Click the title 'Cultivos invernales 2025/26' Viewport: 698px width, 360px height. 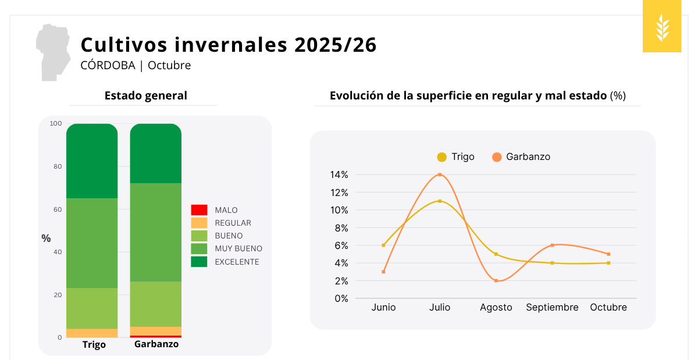click(x=229, y=45)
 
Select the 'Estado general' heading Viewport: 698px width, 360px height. click(x=146, y=96)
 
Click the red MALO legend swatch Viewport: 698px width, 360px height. click(x=199, y=210)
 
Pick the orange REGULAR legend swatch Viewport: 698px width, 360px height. click(x=199, y=223)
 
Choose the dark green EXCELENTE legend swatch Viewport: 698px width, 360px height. click(x=199, y=262)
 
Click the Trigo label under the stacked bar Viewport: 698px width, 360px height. click(x=94, y=344)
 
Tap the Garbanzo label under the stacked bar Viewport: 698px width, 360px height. click(x=156, y=344)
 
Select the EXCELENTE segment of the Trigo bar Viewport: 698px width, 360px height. click(x=92, y=161)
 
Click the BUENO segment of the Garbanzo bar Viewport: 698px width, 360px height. click(x=155, y=304)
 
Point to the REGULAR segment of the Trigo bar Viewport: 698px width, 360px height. click(x=92, y=333)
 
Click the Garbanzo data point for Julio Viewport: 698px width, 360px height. click(x=440, y=174)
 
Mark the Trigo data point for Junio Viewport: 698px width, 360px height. click(x=383, y=245)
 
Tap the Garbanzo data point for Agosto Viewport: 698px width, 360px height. click(x=496, y=281)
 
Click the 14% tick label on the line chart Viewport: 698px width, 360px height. click(x=339, y=174)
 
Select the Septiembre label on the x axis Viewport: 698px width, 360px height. click(x=552, y=307)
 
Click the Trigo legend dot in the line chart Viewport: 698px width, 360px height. click(x=442, y=157)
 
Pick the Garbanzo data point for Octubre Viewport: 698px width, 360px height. click(x=608, y=254)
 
